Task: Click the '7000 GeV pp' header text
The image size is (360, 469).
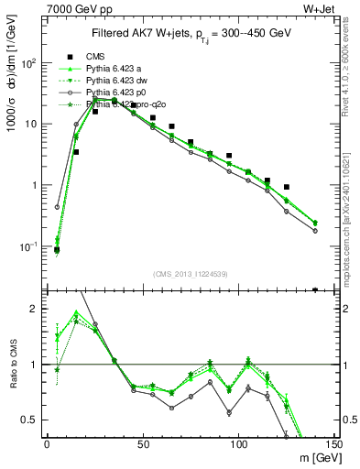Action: click(x=73, y=8)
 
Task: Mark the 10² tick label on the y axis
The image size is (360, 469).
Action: click(x=29, y=63)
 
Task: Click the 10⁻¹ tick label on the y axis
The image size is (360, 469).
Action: click(x=29, y=246)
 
